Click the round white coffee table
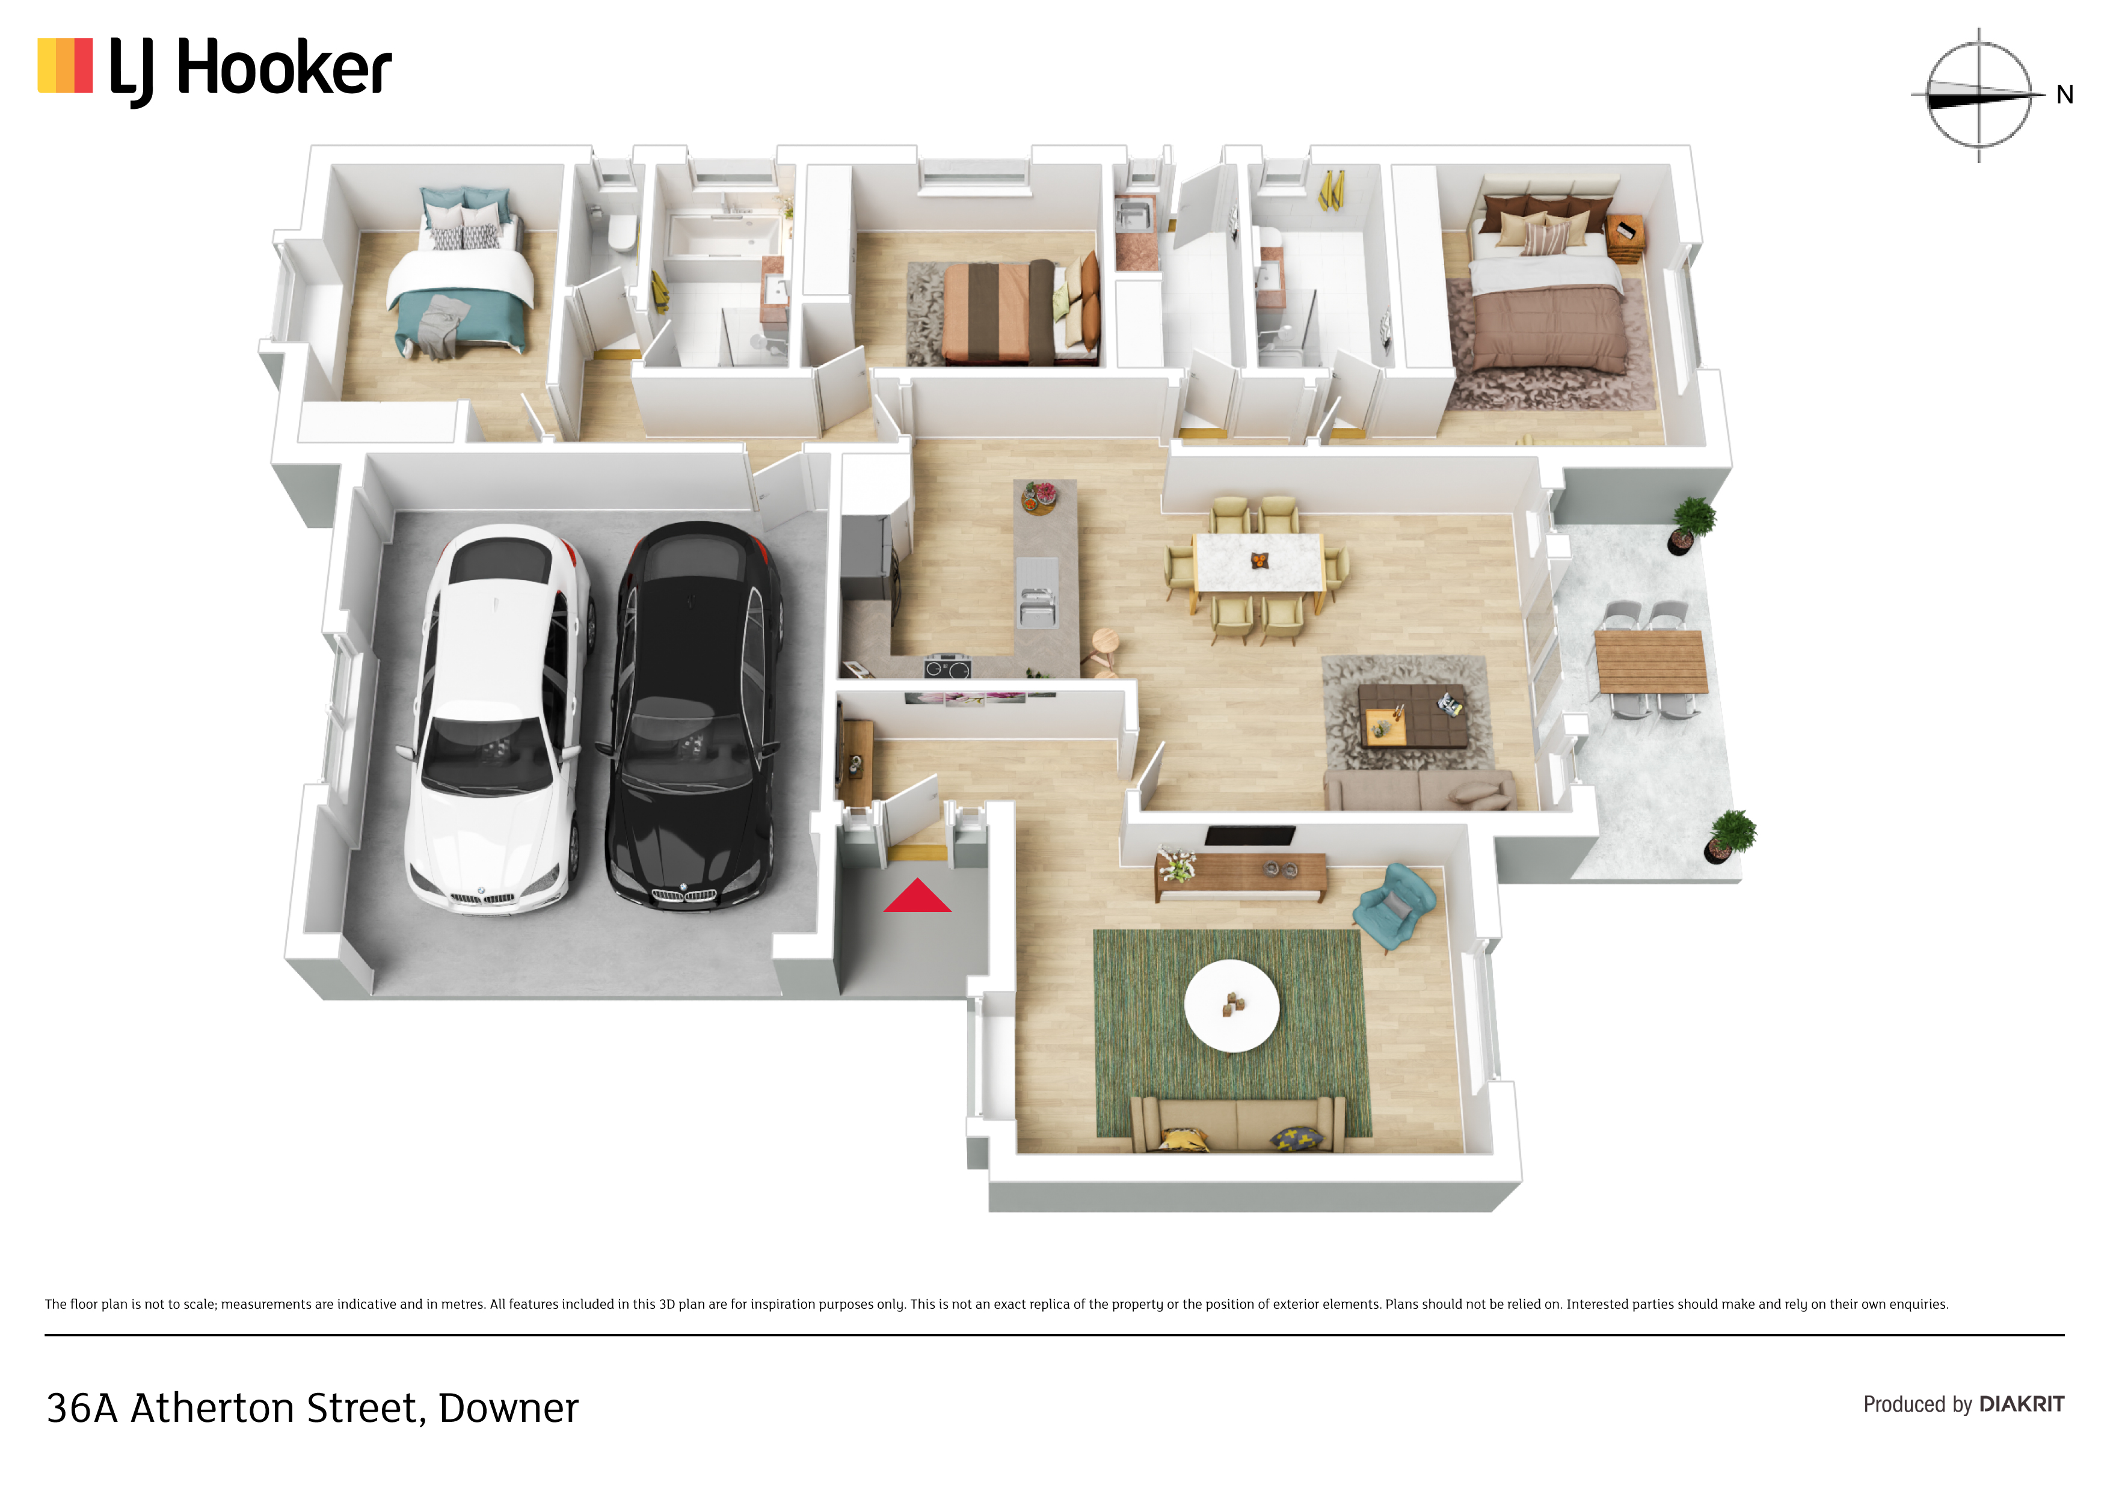(x=1231, y=1006)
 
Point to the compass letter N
(x=2065, y=94)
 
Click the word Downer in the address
(x=508, y=1407)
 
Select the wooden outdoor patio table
(x=1652, y=661)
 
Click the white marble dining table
(x=1258, y=562)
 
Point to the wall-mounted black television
(x=1250, y=835)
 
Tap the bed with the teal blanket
(x=460, y=275)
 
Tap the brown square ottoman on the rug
(x=1413, y=715)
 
